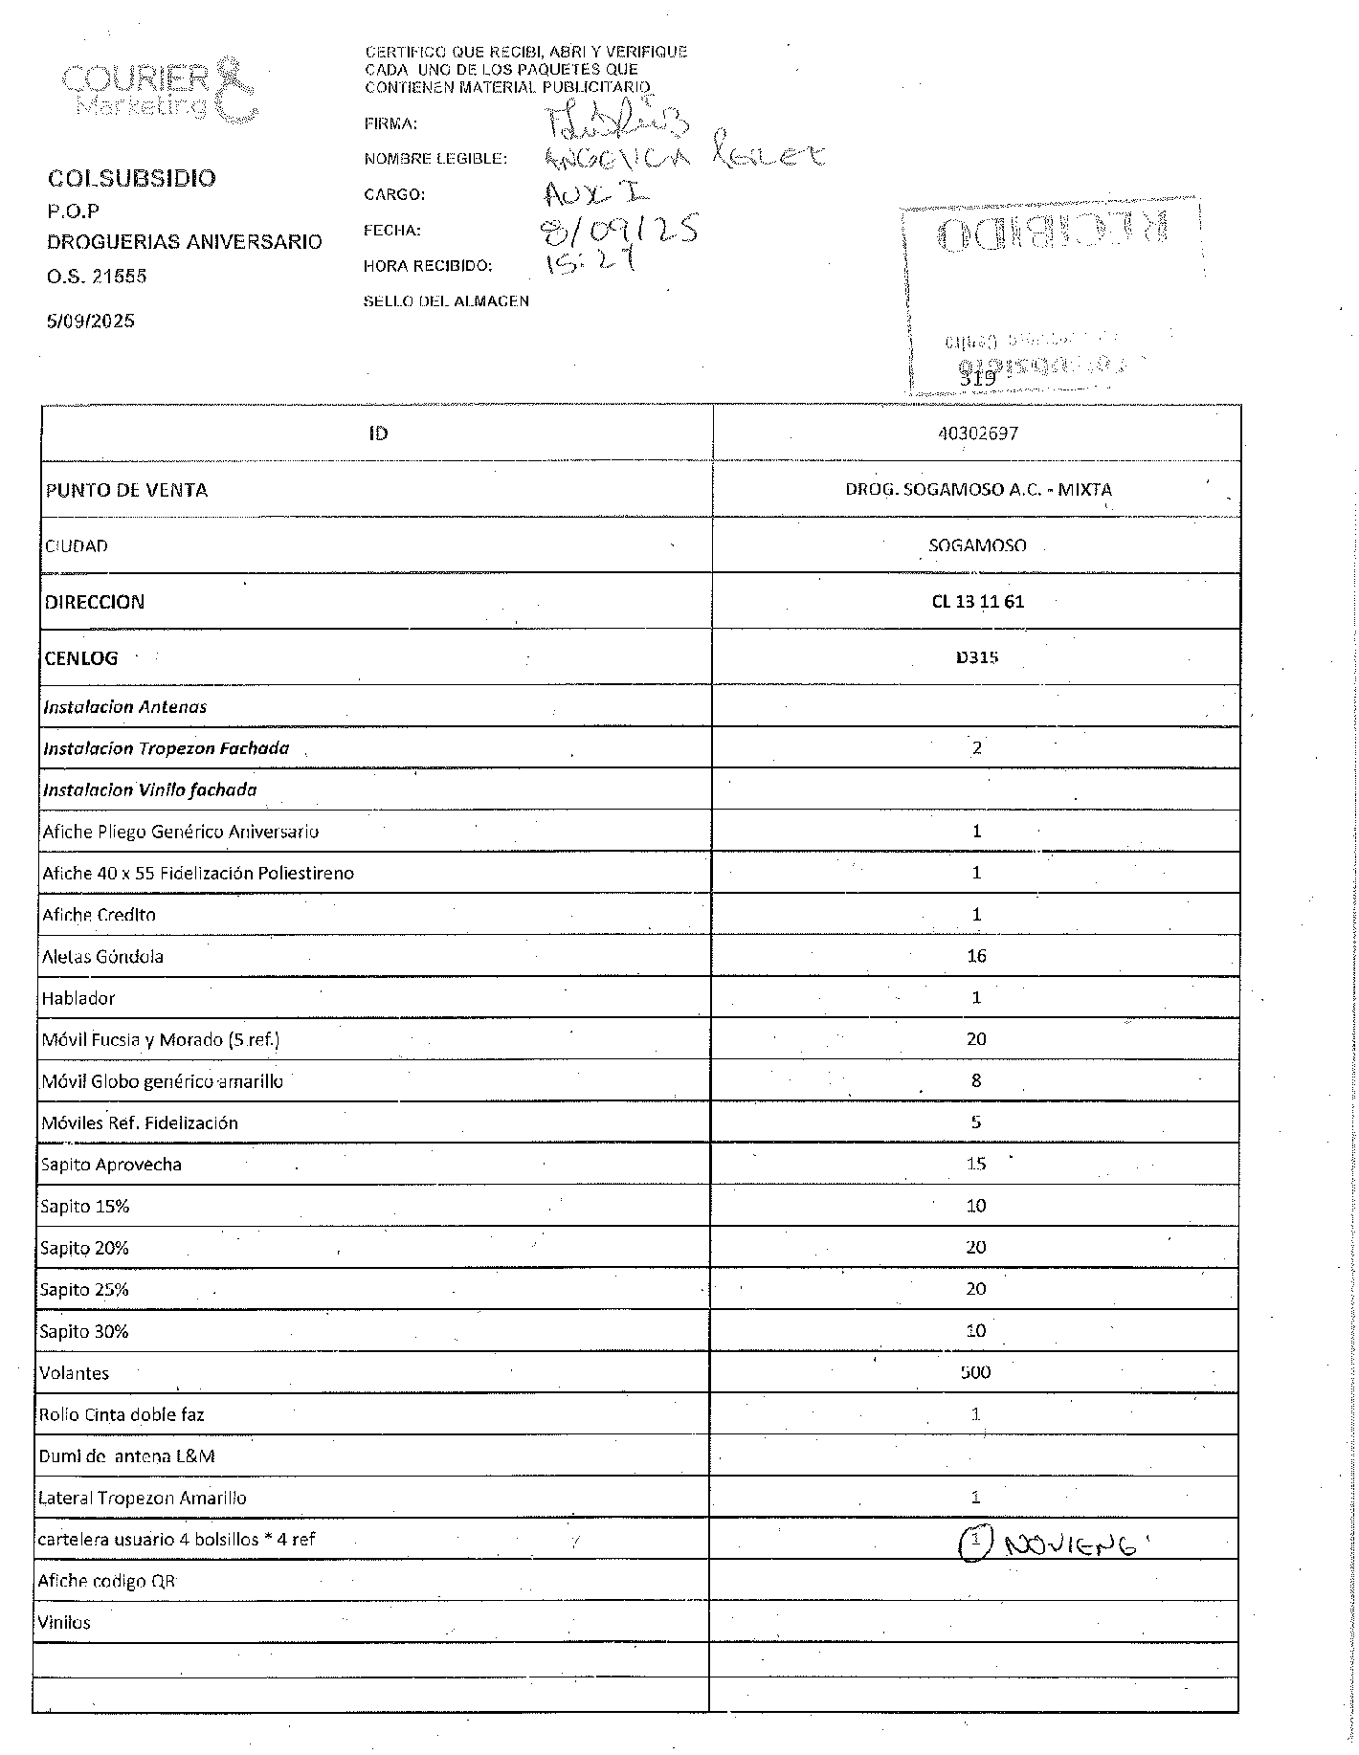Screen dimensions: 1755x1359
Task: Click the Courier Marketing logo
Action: click(159, 92)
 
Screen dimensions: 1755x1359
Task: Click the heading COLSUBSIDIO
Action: click(132, 179)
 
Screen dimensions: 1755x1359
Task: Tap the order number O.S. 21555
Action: click(97, 277)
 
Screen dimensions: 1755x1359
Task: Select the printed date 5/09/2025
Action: click(91, 321)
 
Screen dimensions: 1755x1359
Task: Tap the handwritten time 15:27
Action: click(590, 261)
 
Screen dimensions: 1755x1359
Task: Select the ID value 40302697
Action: click(977, 433)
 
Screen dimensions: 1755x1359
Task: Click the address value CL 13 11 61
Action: click(977, 602)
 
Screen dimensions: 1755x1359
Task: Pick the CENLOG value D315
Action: click(977, 657)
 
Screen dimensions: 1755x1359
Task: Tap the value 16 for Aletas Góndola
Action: click(976, 956)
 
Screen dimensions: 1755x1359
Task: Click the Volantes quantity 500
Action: click(975, 1372)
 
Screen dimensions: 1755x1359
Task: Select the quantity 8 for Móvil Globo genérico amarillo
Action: click(976, 1080)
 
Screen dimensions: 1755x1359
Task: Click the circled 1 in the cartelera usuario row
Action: click(974, 1542)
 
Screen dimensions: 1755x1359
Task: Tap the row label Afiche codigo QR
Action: click(106, 1581)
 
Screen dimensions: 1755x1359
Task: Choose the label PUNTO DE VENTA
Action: click(126, 490)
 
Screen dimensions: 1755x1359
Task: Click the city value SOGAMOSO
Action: click(977, 545)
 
